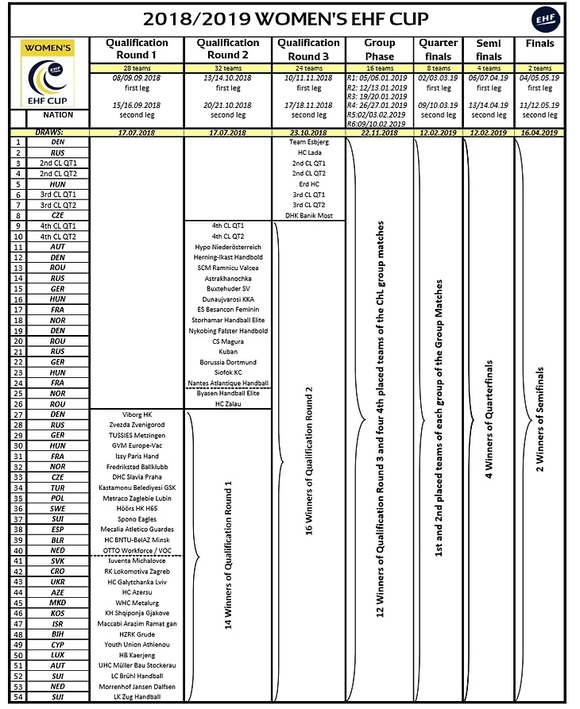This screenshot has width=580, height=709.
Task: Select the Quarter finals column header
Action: click(x=438, y=48)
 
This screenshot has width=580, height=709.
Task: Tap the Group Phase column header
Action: click(x=380, y=48)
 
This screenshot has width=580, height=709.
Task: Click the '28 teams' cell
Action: click(x=137, y=69)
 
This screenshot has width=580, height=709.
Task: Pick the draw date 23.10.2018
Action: click(x=311, y=133)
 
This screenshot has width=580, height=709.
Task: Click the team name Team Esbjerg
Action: click(x=311, y=141)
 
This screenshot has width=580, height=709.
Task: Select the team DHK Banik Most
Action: click(x=311, y=216)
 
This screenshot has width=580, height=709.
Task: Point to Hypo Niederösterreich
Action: click(x=228, y=248)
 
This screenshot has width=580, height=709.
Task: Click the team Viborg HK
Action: click(x=137, y=414)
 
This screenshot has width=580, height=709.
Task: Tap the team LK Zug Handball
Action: click(x=137, y=697)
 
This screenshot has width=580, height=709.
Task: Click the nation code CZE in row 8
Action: click(x=58, y=216)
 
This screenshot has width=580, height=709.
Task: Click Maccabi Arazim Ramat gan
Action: click(x=137, y=624)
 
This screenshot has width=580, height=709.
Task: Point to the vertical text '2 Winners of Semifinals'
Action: click(x=541, y=418)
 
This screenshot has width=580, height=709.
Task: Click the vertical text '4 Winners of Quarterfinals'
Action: click(x=489, y=418)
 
